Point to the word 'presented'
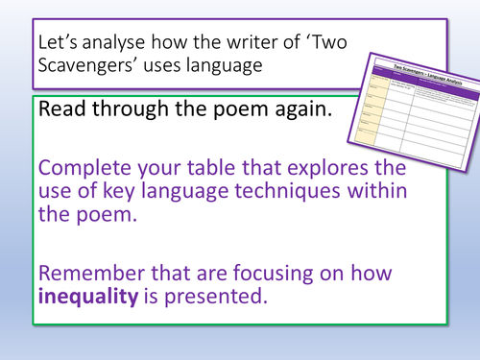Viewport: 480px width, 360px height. [x=214, y=286]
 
